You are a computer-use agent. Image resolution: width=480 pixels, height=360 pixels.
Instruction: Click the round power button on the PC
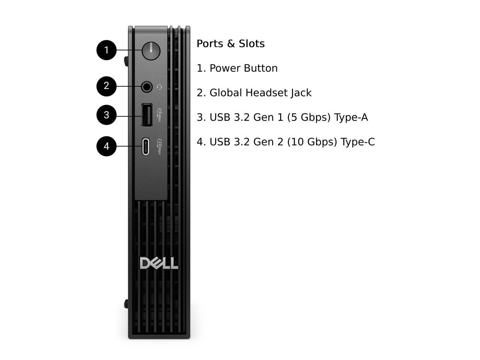[x=151, y=51]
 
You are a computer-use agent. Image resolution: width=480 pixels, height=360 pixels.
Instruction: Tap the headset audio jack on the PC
[x=147, y=87]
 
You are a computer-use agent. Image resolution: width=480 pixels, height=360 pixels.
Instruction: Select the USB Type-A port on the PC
[x=147, y=115]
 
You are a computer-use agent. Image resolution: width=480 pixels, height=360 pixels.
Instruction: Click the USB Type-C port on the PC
[x=145, y=146]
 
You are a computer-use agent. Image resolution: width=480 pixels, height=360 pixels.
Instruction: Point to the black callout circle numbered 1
[x=106, y=50]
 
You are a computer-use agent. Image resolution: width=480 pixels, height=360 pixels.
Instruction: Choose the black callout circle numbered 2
[x=106, y=86]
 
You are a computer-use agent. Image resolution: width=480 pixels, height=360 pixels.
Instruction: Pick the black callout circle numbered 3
[x=106, y=115]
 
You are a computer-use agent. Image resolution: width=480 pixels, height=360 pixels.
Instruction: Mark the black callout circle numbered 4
[x=106, y=146]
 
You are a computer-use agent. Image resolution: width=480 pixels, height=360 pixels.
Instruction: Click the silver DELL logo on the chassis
[x=159, y=263]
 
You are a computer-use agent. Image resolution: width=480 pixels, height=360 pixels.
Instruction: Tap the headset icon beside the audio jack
[x=160, y=87]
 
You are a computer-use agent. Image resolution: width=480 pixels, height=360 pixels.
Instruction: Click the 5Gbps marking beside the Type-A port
[x=160, y=115]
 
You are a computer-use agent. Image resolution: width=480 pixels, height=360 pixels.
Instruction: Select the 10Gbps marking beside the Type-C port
[x=159, y=147]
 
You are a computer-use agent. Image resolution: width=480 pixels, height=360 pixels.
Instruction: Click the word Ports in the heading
[x=210, y=44]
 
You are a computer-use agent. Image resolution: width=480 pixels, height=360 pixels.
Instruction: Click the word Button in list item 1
[x=261, y=68]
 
